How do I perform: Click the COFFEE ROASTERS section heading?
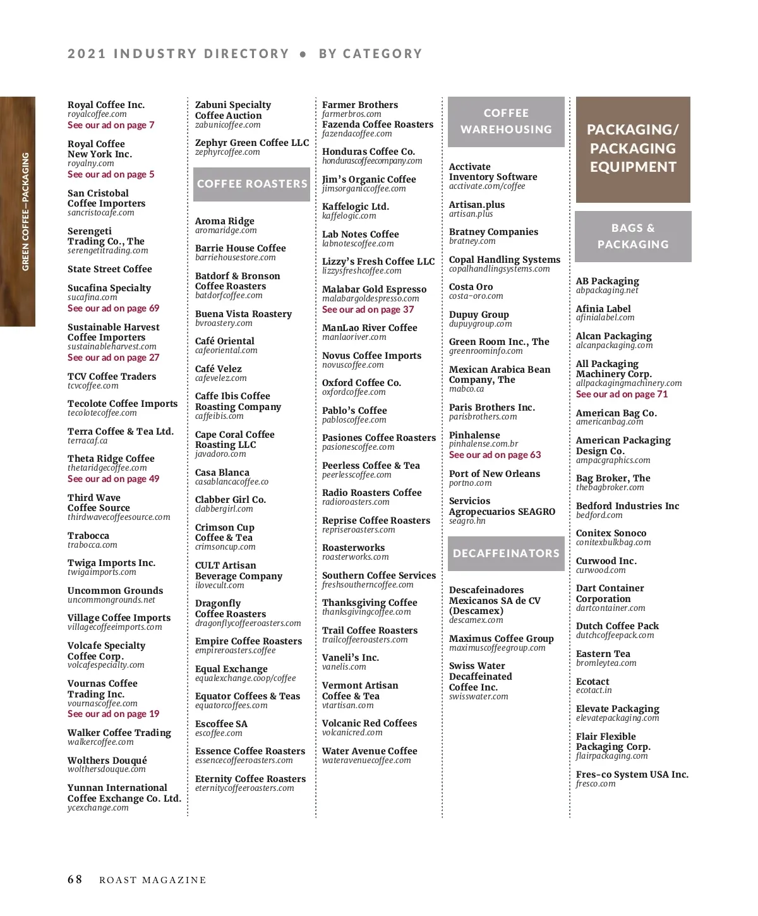[251, 184]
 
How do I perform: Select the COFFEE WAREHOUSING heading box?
[506, 121]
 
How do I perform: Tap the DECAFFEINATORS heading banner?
[506, 553]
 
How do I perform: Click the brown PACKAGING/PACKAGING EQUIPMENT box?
[633, 149]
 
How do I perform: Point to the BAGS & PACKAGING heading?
[633, 236]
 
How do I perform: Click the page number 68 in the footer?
[75, 879]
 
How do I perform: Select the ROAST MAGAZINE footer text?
[153, 880]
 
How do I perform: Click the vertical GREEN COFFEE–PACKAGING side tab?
[25, 212]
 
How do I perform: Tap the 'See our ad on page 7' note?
[111, 125]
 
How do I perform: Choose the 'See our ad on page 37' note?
[368, 310]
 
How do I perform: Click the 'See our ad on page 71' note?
[622, 394]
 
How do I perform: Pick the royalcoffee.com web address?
[97, 114]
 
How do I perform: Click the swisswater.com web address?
[478, 697]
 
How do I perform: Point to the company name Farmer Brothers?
[360, 105]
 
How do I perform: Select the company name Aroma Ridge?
[225, 221]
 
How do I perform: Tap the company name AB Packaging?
[607, 281]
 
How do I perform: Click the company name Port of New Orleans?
[495, 474]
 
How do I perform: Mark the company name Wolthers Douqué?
[107, 761]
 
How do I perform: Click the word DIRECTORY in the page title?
[246, 54]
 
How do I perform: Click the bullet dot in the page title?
[303, 55]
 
